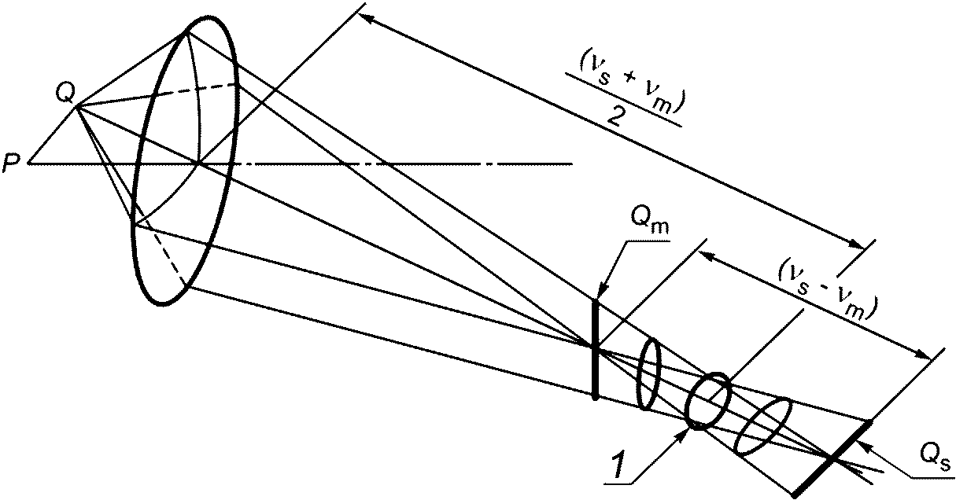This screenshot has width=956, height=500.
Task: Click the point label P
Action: pyautogui.click(x=9, y=164)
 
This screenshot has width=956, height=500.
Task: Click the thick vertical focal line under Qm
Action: pyautogui.click(x=595, y=350)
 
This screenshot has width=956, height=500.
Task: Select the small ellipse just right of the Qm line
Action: pyautogui.click(x=648, y=374)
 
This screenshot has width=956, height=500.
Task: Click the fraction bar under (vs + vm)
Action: pyautogui.click(x=624, y=100)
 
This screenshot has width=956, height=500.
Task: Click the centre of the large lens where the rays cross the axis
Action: pyautogui.click(x=198, y=164)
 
